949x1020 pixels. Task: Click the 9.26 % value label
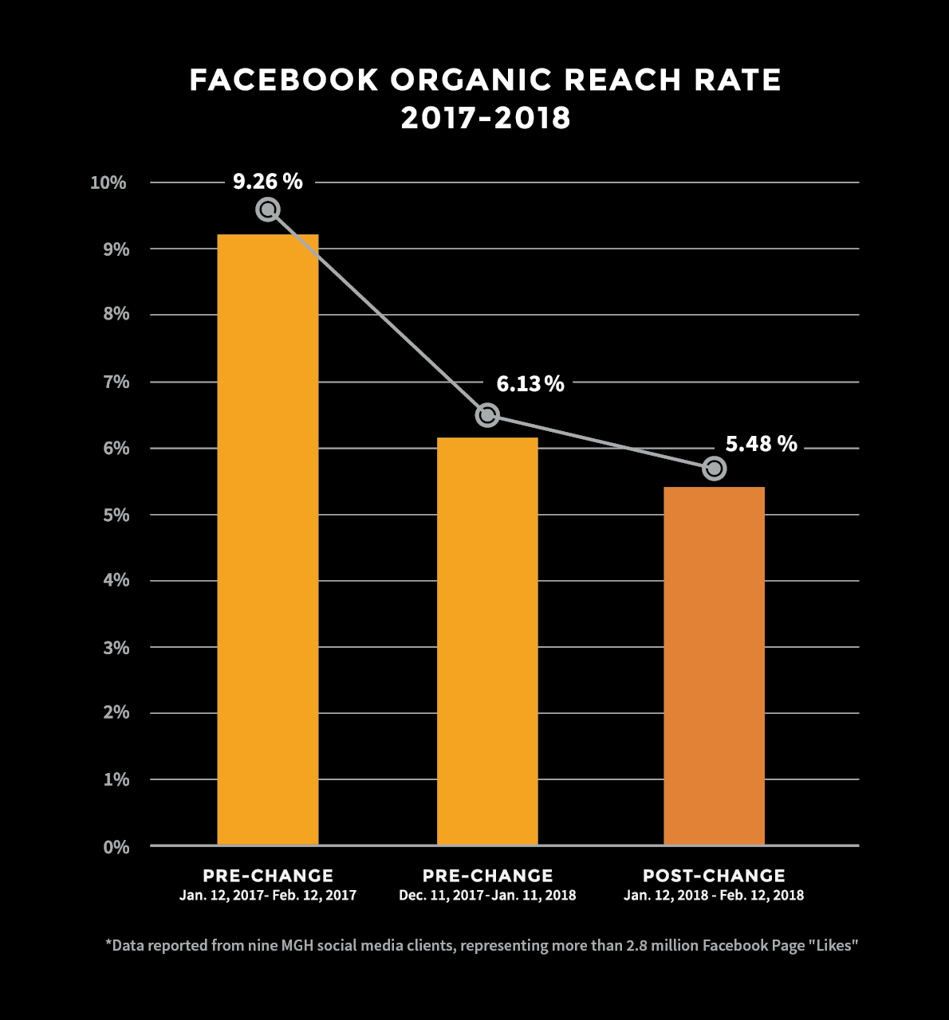tap(268, 182)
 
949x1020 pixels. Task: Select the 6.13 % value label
tap(530, 384)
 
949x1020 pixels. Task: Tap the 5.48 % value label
tap(761, 444)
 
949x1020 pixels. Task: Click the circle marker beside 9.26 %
tap(268, 210)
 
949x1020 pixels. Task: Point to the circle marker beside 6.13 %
tap(487, 415)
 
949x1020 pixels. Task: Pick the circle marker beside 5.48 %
tap(715, 469)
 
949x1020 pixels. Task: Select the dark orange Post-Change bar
tap(715, 665)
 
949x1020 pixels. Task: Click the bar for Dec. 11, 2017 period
tap(487, 641)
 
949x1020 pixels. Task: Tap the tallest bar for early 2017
tap(268, 539)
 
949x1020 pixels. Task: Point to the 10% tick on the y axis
tap(108, 182)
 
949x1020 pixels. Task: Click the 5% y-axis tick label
tap(116, 516)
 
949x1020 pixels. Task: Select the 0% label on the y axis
tap(116, 847)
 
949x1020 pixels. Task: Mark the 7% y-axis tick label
tap(116, 382)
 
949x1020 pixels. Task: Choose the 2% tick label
tap(116, 712)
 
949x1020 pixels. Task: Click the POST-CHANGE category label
tap(714, 876)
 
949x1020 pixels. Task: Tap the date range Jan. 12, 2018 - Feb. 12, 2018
tap(714, 895)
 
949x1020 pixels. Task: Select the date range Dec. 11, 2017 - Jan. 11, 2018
tap(487, 895)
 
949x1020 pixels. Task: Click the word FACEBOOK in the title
tap(284, 80)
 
